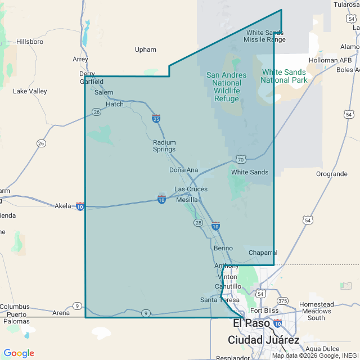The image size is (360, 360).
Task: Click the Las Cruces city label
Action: (191, 189)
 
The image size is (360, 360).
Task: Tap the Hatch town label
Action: (115, 104)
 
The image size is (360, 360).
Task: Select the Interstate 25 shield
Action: (156, 119)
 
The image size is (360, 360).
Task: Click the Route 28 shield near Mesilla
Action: (199, 223)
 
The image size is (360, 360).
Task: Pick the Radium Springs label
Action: (164, 146)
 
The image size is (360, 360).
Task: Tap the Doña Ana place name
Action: (183, 170)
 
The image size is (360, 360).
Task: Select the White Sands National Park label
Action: (285, 76)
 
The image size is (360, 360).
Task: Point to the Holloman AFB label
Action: (331, 60)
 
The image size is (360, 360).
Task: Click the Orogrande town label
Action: (332, 174)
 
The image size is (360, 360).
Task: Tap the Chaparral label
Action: (263, 253)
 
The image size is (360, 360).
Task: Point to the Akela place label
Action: (63, 206)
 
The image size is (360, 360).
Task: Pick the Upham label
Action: (146, 49)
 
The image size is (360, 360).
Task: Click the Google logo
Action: (19, 353)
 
